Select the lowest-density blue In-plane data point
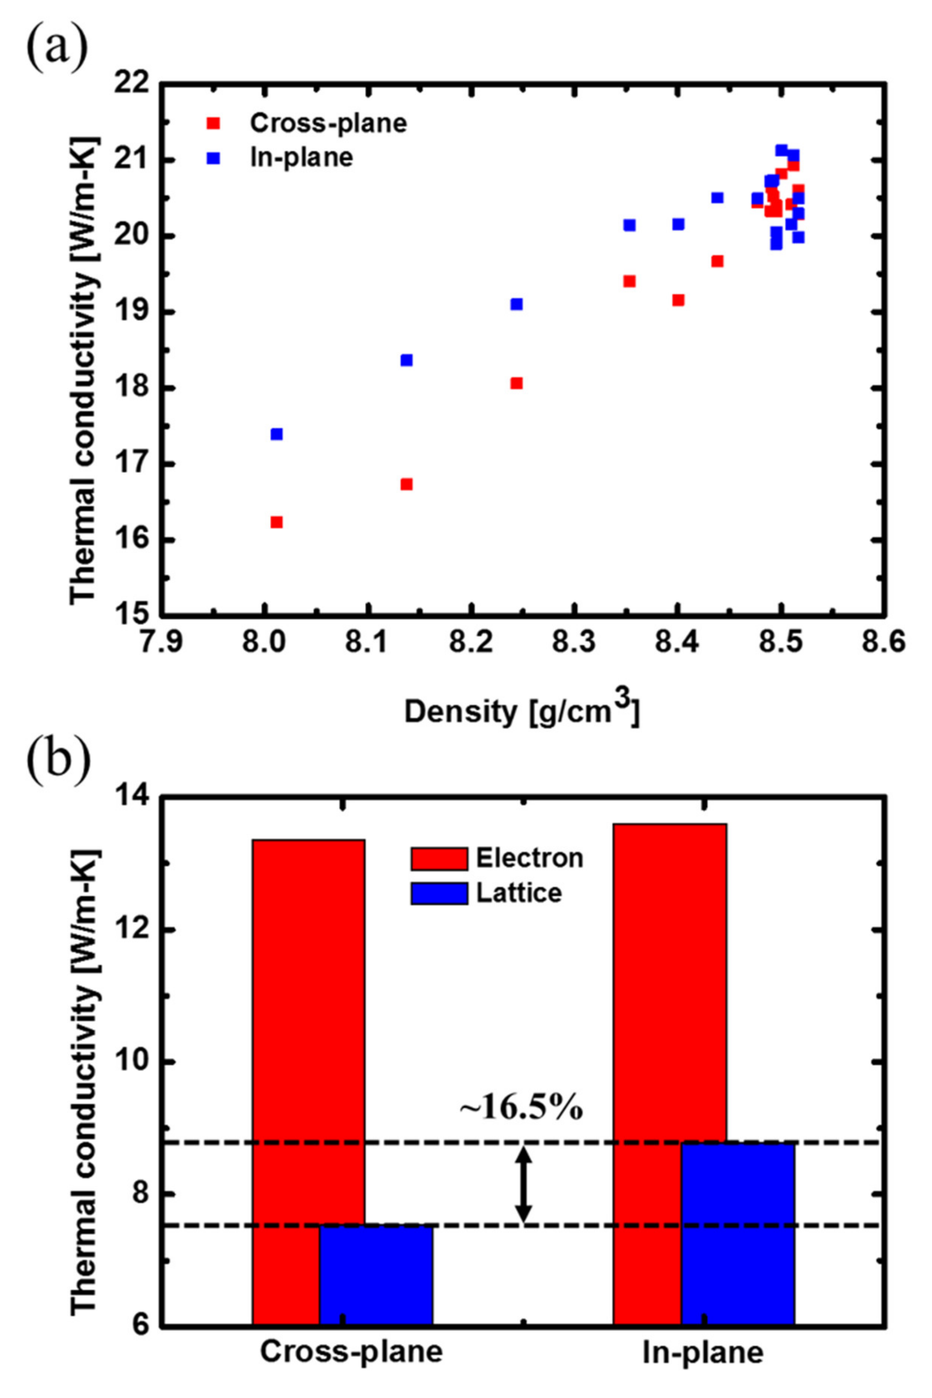[x=276, y=434]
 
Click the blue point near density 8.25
[x=517, y=304]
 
